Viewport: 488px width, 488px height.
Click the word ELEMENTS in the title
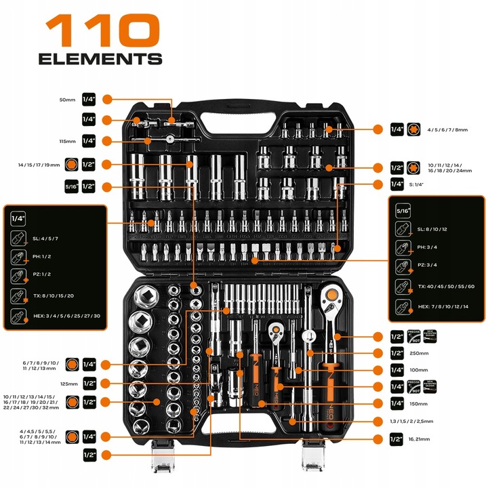pyautogui.click(x=100, y=59)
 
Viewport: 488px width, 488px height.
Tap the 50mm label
pyautogui.click(x=67, y=99)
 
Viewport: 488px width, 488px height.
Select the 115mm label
pyautogui.click(x=66, y=141)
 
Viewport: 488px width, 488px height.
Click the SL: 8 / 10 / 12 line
pyautogui.click(x=431, y=230)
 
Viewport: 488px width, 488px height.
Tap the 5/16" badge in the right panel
pyautogui.click(x=402, y=211)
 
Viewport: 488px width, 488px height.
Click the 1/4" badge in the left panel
pyautogui.click(x=18, y=218)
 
